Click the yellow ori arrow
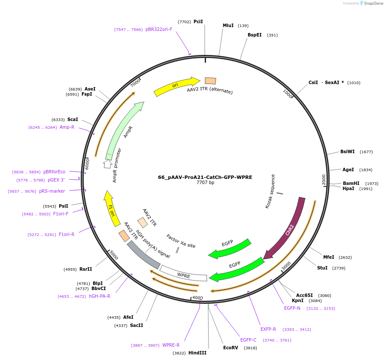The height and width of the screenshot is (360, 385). [176, 86]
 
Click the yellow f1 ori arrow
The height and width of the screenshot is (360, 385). [110, 210]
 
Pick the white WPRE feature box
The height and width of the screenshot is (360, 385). [184, 275]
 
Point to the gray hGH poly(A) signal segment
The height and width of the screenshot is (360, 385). [143, 254]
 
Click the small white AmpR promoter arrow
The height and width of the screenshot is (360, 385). [107, 164]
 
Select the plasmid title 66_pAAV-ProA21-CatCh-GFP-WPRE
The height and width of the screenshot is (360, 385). [205, 177]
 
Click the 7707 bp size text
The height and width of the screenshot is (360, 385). [205, 183]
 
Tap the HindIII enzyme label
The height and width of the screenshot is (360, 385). [197, 353]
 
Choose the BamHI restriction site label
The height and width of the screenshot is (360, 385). [351, 183]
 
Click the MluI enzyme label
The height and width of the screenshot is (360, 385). [228, 25]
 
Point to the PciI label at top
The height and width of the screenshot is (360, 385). [198, 21]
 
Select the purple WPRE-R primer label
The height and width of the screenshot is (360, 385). [171, 345]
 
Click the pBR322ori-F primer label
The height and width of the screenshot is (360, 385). [159, 30]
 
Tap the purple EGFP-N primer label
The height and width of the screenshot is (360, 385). [292, 308]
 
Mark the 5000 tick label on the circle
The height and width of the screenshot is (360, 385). [113, 255]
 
